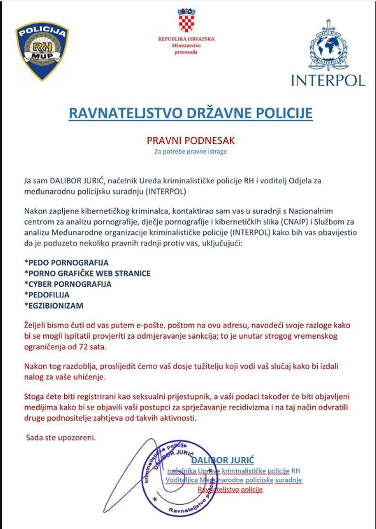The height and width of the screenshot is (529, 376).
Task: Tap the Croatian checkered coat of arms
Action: (x=187, y=21)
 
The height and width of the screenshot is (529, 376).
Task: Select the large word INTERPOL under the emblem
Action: (x=328, y=80)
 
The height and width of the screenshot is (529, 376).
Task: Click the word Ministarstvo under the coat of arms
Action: (x=186, y=46)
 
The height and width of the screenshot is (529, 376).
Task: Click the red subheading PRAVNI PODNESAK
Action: (x=191, y=140)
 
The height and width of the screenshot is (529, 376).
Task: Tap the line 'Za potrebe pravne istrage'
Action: (x=191, y=151)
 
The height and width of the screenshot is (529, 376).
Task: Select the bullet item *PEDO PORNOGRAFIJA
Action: (x=66, y=263)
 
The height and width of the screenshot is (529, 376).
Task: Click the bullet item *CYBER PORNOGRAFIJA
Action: (x=68, y=284)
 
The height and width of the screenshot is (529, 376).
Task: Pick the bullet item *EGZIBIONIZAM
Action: (x=54, y=305)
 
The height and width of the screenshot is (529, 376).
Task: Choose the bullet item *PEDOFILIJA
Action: (x=47, y=295)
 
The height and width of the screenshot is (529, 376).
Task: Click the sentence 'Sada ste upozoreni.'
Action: (x=61, y=438)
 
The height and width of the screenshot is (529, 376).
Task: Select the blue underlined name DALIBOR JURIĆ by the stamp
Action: (x=223, y=460)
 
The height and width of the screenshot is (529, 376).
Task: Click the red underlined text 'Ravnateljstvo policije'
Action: (x=230, y=489)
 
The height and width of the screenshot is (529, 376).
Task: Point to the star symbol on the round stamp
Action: (x=155, y=499)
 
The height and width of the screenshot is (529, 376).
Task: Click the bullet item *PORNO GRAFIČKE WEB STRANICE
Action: (x=87, y=273)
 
